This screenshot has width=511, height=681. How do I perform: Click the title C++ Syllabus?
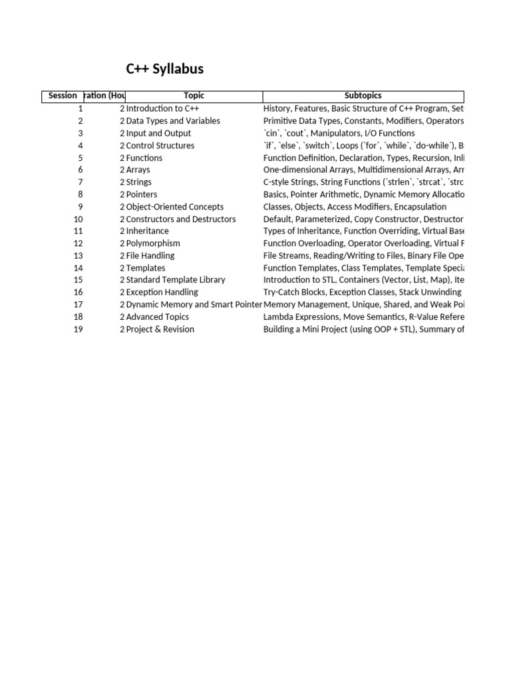point(165,69)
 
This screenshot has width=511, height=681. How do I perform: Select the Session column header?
point(63,96)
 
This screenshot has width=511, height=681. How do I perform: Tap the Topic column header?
point(194,96)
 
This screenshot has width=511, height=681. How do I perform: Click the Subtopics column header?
point(363,96)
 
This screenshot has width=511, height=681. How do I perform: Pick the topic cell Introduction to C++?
point(162,108)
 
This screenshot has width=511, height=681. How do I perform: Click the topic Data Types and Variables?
point(173,121)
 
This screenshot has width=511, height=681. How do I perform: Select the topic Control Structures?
point(160,146)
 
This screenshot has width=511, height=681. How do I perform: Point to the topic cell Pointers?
point(142,195)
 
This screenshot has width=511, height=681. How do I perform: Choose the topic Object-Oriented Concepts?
point(175,207)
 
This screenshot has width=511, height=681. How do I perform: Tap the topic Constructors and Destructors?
point(181,219)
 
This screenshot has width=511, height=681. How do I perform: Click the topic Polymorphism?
point(153,243)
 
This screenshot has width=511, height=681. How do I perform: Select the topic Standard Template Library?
point(176,280)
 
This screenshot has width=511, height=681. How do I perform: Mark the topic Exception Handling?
point(162,292)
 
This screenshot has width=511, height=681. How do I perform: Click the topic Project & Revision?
point(160,329)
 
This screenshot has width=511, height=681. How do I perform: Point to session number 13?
point(79,256)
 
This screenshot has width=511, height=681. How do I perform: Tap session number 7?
point(81,182)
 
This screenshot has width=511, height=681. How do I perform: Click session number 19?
point(79,329)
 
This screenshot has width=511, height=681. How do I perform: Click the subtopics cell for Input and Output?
point(339,134)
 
